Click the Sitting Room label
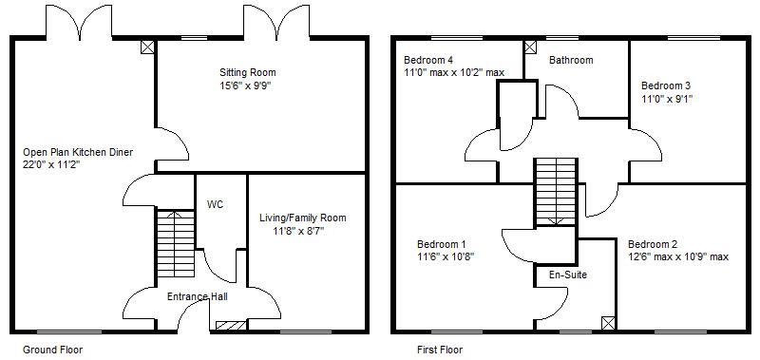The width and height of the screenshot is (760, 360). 248,73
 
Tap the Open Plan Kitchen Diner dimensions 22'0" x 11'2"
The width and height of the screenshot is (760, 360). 51,164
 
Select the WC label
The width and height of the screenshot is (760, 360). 216,205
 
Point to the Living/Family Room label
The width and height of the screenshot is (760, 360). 303,218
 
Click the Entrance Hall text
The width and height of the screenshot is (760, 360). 198,296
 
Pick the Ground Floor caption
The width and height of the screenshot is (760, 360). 53,350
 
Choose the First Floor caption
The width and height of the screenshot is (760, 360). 440,350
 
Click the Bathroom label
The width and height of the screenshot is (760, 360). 571,61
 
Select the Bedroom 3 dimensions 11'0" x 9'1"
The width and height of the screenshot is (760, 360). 667,99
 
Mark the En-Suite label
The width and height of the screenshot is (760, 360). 567,275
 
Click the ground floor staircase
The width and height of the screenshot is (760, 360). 176,243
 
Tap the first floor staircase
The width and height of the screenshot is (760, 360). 556,192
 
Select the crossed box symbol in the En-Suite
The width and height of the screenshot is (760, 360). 608,323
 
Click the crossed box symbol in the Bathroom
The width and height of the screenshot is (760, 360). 531,47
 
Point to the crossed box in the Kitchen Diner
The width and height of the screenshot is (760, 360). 147,47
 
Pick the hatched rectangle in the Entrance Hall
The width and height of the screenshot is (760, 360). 231,326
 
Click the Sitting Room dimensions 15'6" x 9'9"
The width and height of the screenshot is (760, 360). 244,86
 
